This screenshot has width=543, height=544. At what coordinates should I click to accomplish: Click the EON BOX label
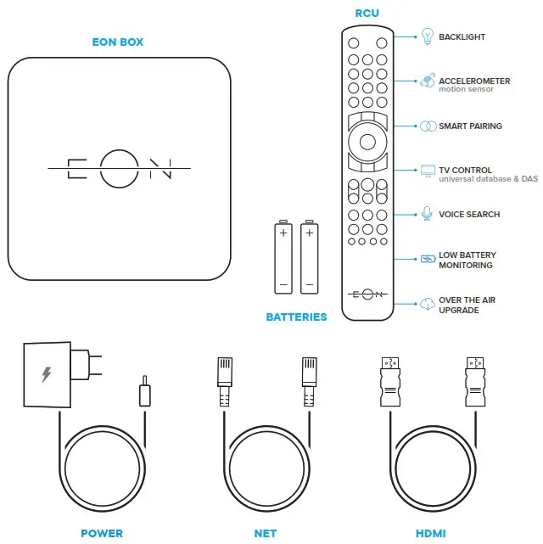[x=119, y=42]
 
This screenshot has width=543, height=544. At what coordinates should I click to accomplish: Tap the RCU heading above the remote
[x=368, y=14]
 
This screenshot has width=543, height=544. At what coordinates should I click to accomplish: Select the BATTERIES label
[x=296, y=317]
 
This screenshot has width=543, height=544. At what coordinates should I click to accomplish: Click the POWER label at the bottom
[x=101, y=533]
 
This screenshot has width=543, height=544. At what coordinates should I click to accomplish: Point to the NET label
[x=266, y=533]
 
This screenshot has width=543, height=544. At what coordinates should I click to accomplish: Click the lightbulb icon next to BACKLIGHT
[x=428, y=37]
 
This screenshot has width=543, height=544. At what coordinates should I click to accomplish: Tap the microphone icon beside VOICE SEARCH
[x=428, y=214]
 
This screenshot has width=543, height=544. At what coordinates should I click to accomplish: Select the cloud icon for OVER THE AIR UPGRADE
[x=428, y=304]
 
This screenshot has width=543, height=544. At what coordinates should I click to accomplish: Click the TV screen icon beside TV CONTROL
[x=428, y=171]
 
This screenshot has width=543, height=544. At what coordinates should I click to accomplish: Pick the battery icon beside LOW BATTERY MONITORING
[x=428, y=259]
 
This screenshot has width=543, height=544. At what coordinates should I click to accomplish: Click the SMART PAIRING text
[x=470, y=126]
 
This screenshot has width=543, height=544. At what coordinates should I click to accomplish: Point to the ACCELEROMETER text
[x=474, y=81]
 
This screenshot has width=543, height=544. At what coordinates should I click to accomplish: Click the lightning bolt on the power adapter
[x=46, y=373]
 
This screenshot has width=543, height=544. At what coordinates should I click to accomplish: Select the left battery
[x=283, y=258]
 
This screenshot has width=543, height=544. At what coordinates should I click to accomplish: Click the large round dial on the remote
[x=367, y=138]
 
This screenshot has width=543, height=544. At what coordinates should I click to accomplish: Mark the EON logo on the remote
[x=367, y=294]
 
